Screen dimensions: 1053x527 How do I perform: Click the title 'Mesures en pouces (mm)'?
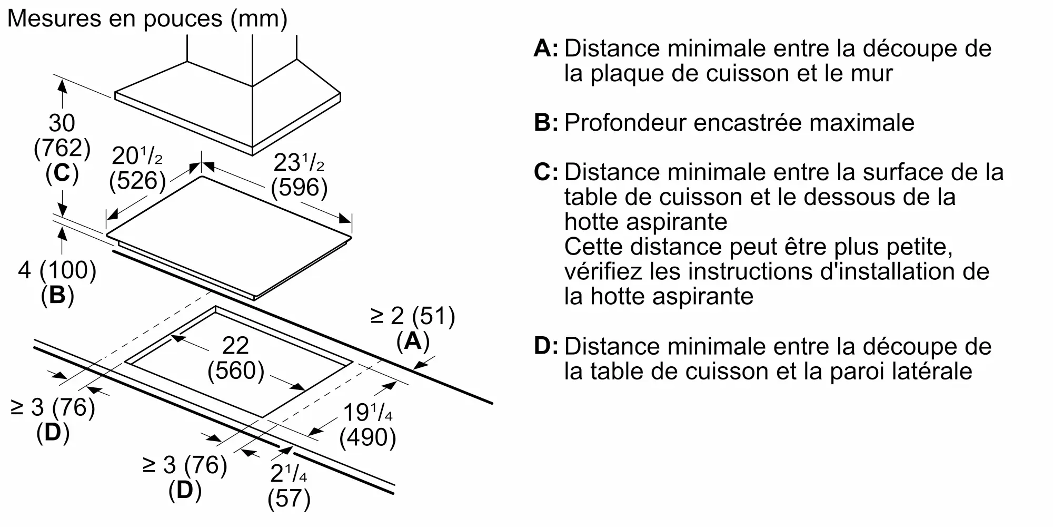(147, 19)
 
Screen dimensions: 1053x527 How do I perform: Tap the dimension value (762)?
(62, 148)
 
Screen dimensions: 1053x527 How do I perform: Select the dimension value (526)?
(137, 181)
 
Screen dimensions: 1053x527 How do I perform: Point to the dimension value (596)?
(299, 187)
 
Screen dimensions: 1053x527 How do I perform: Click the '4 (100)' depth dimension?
(57, 270)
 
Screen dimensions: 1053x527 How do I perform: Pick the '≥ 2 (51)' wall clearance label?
(413, 316)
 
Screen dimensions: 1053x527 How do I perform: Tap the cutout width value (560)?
(235, 370)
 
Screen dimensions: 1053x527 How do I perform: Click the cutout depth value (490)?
(367, 437)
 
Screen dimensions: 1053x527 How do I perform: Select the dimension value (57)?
(289, 499)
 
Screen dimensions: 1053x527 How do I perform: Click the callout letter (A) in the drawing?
(413, 341)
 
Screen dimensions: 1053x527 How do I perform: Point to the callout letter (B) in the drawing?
(57, 295)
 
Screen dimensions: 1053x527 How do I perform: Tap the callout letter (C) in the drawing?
(62, 173)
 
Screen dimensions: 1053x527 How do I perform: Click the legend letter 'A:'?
(545, 48)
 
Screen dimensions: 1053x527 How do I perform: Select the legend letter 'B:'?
(545, 123)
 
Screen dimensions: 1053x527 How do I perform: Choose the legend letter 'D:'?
(545, 346)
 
